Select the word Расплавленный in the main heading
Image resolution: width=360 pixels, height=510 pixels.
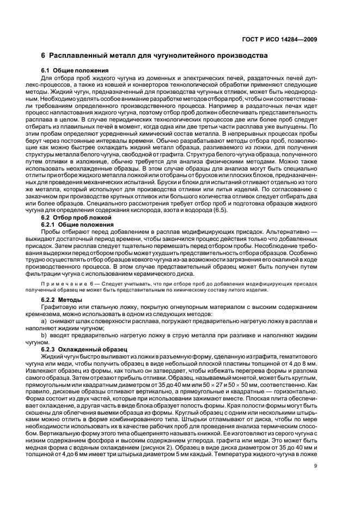[78, 56]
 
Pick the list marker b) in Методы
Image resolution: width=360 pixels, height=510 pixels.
[45, 336]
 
